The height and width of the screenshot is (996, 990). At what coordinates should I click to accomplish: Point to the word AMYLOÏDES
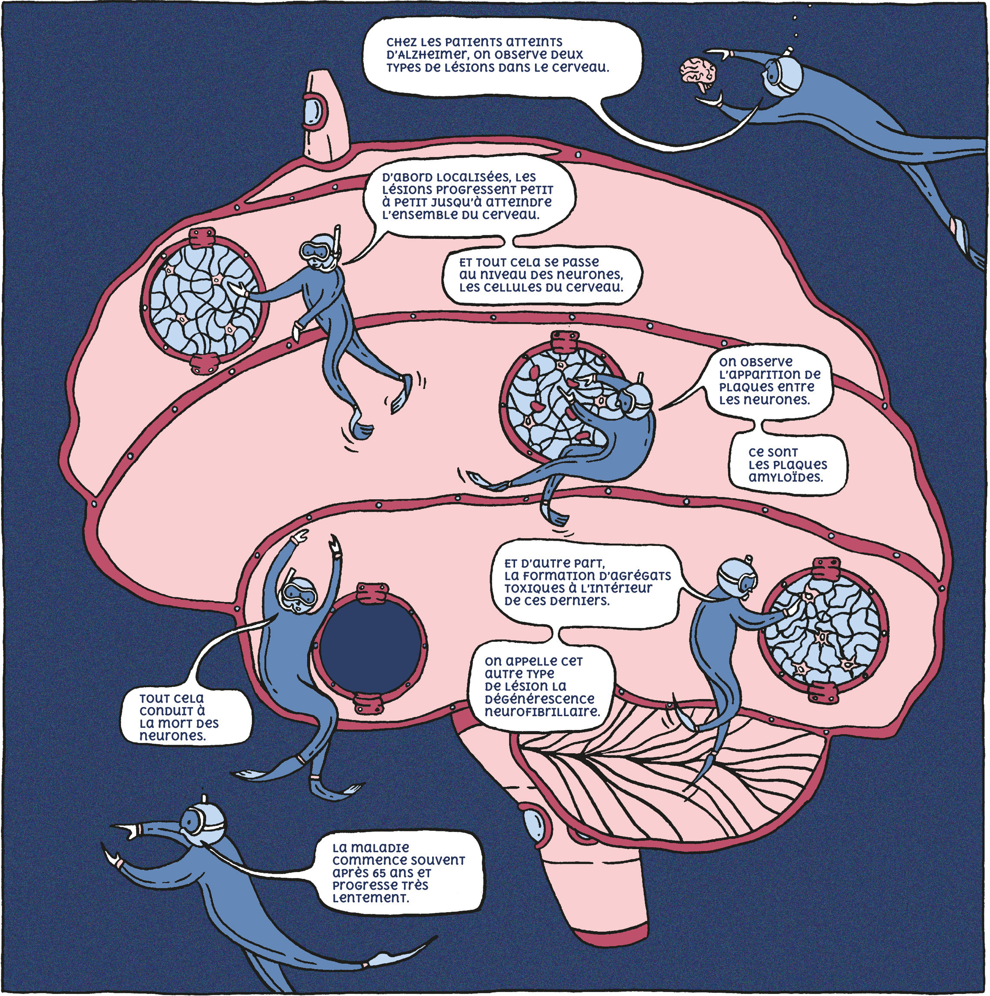click(785, 477)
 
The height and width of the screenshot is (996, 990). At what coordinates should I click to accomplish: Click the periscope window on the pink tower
click(312, 110)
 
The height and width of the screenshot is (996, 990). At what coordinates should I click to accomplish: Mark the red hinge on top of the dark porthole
click(370, 593)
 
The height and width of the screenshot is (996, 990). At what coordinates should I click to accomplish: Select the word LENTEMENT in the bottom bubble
click(370, 898)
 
